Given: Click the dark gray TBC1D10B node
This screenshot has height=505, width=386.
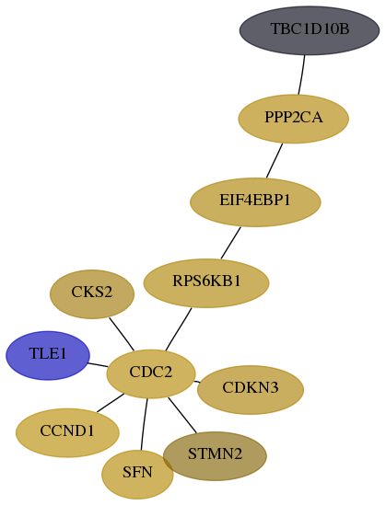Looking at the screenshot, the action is tap(310, 30).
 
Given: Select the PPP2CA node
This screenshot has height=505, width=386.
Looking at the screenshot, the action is tap(294, 119).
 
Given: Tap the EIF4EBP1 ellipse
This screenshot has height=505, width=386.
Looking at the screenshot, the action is tap(255, 202).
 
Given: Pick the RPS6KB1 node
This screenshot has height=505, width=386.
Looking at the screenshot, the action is tap(206, 283).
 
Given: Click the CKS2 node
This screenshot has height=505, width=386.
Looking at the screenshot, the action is tap(92, 294).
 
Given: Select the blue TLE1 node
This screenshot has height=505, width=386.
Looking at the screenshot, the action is tap(48, 356).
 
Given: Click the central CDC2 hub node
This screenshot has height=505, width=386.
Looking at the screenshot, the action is tap(151, 373).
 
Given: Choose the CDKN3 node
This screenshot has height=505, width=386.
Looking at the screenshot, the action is tap(251, 390).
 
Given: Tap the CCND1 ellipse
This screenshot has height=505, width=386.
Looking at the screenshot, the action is tap(67, 433).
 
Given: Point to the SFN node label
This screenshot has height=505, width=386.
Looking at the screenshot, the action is tap(137, 473).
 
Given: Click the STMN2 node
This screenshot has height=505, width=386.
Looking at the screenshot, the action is tap(215, 456).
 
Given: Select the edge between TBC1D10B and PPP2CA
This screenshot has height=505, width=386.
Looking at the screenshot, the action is tap(302, 75).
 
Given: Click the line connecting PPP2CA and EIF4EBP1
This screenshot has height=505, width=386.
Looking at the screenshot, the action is tap(275, 160).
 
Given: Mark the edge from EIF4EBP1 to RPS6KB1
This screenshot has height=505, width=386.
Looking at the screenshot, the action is tap(231, 243).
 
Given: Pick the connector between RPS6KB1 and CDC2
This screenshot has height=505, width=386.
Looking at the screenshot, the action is tap(179, 329).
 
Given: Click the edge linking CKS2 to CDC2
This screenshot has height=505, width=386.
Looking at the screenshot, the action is tap(122, 334).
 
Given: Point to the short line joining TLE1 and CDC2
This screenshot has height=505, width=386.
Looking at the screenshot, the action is tap(98, 365).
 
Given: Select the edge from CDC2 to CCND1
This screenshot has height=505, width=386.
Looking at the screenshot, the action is tap(111, 403).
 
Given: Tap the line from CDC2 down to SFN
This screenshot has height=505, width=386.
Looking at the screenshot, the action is tap(144, 424).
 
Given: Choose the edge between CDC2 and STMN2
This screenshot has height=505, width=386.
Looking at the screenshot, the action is tap(182, 415).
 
